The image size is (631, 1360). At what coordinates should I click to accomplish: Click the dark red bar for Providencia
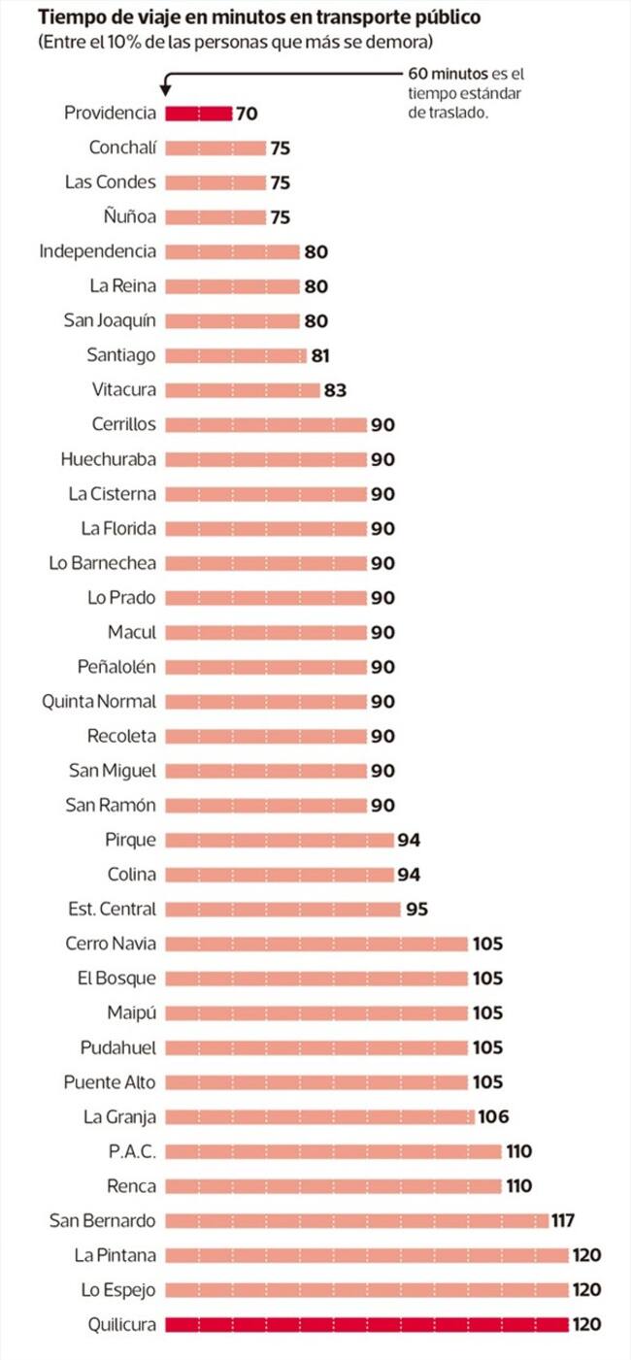click(x=199, y=114)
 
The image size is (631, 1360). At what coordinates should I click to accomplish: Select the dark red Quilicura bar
click(x=367, y=1324)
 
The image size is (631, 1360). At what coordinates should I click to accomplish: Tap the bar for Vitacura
click(x=243, y=390)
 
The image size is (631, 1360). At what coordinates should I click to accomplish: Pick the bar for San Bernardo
click(x=356, y=1220)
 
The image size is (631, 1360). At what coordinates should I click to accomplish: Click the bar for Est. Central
click(x=283, y=909)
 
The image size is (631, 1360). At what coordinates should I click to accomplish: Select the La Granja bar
click(x=320, y=1116)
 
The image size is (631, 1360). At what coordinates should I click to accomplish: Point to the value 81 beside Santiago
click(x=320, y=356)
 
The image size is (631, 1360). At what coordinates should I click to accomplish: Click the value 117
click(x=563, y=1220)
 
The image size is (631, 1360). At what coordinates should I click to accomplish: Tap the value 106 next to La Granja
click(x=493, y=1116)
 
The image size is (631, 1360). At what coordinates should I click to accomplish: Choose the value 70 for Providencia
click(x=247, y=114)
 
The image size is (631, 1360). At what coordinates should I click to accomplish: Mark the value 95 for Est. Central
click(x=416, y=909)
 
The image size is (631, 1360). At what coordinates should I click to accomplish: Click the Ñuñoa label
click(x=129, y=216)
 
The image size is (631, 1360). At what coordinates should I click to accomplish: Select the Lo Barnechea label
click(x=102, y=563)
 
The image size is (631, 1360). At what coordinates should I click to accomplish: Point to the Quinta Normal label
click(x=98, y=701)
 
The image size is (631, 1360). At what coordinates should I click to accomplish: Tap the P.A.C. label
click(x=132, y=1151)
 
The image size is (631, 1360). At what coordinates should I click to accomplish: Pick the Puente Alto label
click(x=110, y=1082)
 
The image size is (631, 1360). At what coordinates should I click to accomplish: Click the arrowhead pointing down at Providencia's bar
click(x=165, y=91)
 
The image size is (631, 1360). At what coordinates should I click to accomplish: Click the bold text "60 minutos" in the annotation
click(x=448, y=74)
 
